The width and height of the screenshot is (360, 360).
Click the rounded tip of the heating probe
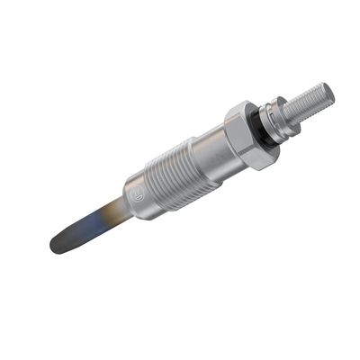tap(55, 245)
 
